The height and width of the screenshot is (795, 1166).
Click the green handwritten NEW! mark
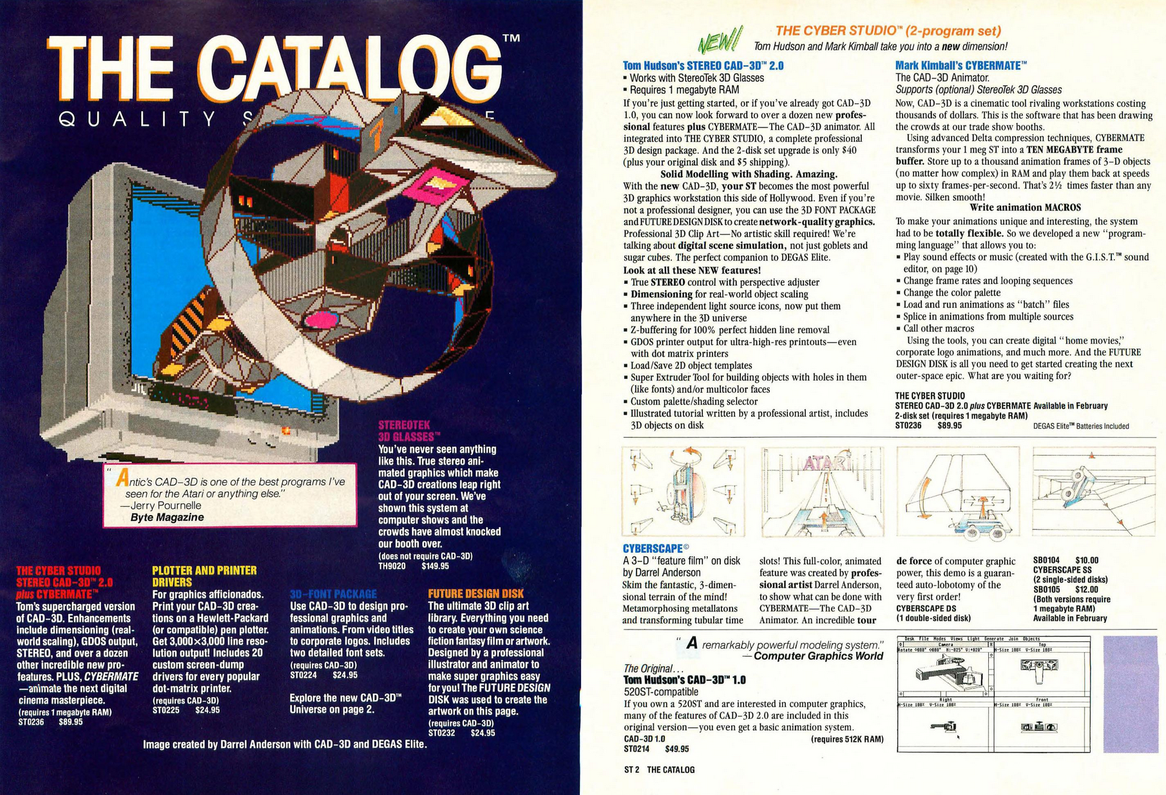click(720, 41)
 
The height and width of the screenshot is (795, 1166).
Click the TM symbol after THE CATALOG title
click(510, 38)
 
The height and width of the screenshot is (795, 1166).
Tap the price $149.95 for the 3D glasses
click(435, 566)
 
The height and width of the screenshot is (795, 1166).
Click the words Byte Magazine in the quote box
click(167, 517)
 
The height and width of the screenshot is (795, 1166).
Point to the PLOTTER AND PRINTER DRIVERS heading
click(204, 576)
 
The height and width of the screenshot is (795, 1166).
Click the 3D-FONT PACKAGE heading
click(333, 594)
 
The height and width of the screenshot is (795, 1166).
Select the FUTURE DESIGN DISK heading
click(475, 594)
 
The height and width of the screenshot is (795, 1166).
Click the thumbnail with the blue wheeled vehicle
click(957, 492)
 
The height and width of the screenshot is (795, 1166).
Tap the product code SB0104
click(1046, 560)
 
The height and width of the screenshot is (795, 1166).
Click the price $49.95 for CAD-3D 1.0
click(676, 749)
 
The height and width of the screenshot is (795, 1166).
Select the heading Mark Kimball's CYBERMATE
click(961, 65)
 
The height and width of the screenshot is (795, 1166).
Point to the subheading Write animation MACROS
click(1025, 207)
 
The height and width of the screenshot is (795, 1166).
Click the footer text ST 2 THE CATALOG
click(659, 769)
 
